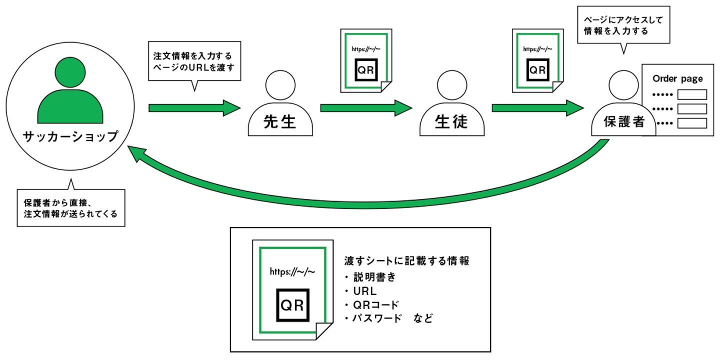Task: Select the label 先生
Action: tap(280, 122)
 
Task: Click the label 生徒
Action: tap(451, 122)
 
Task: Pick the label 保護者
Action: tap(623, 121)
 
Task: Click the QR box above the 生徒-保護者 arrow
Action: tap(537, 70)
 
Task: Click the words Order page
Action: tap(677, 78)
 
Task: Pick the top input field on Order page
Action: tap(691, 94)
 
